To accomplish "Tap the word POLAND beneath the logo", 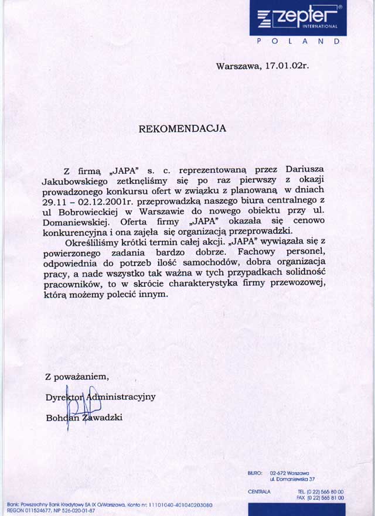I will click(298, 42).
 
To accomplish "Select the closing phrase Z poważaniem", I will click(77, 377).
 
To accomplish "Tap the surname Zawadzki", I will click(104, 418).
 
